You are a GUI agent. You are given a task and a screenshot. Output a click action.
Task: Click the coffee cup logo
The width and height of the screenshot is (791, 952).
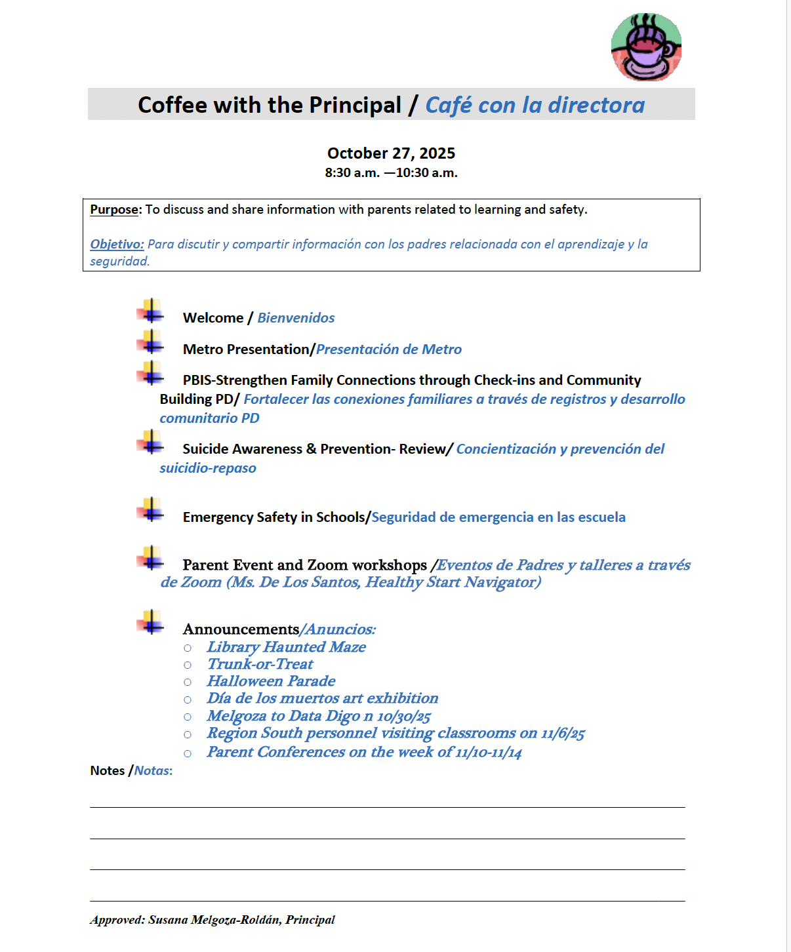click(x=646, y=47)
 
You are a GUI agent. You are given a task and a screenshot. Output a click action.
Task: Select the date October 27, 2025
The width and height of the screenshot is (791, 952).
click(x=391, y=153)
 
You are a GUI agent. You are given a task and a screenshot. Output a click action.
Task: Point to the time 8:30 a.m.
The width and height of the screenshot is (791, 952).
click(x=352, y=173)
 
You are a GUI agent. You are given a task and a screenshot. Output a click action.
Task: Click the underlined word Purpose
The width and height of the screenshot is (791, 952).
click(x=114, y=210)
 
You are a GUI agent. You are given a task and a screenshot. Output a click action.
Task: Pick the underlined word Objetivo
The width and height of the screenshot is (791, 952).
click(x=117, y=245)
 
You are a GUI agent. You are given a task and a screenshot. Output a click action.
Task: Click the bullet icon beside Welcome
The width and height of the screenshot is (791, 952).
click(x=151, y=311)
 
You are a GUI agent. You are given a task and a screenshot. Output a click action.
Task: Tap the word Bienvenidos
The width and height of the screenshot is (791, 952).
click(x=296, y=318)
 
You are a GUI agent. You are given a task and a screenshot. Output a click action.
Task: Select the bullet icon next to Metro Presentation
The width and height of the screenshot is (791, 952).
click(x=151, y=342)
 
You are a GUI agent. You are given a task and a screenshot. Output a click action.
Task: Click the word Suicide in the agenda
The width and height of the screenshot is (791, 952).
click(x=206, y=449)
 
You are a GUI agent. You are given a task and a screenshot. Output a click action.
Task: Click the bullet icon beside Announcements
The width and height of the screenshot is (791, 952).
click(x=151, y=622)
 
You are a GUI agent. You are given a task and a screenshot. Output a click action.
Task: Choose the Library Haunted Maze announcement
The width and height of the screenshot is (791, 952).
click(x=286, y=647)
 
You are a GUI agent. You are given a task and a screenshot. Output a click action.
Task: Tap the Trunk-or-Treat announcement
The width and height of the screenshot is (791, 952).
click(x=260, y=664)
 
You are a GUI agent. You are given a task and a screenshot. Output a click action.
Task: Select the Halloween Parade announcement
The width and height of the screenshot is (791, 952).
click(x=271, y=681)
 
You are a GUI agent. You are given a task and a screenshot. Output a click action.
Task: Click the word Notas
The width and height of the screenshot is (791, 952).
click(x=153, y=771)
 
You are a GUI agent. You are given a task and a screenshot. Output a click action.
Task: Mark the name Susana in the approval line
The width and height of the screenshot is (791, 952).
click(x=168, y=920)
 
